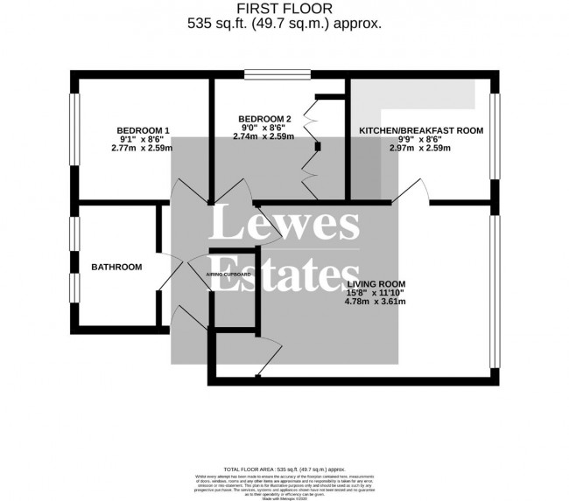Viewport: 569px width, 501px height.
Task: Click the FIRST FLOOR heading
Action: (285, 10)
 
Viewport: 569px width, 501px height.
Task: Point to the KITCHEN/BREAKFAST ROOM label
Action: (422, 130)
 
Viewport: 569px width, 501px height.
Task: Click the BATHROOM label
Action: (116, 267)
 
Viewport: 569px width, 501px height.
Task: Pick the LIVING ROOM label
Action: (376, 284)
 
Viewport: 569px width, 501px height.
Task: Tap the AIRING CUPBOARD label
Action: (229, 275)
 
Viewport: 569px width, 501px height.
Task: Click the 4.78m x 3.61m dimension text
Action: (376, 303)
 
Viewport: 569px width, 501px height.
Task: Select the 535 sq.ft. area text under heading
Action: (285, 24)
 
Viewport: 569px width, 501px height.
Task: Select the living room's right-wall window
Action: (495, 289)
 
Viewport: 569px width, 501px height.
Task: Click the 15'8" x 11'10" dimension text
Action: (376, 294)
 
